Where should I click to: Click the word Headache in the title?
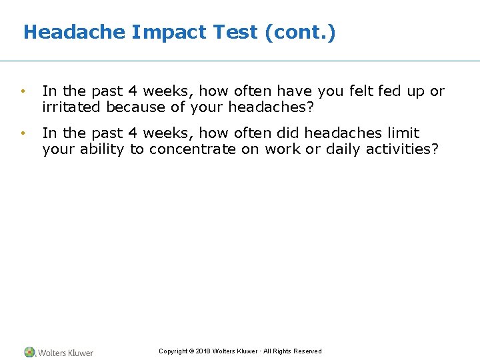74,32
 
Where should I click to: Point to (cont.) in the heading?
300,32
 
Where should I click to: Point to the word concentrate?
192,149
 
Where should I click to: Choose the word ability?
101,149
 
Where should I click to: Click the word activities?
403,149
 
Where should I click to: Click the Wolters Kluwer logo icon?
29,352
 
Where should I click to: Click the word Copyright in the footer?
173,351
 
